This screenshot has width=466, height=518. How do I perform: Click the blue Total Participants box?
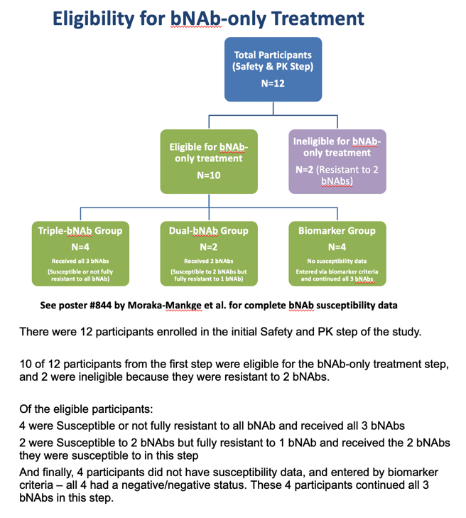273,70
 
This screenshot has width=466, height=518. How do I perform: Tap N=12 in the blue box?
273,83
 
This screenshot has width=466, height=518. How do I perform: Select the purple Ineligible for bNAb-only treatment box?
337,161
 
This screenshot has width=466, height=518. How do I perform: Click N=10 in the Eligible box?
209,175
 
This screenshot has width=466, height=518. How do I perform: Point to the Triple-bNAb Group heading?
80,231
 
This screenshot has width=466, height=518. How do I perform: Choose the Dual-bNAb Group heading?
209,231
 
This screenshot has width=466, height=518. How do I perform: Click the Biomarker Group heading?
337,231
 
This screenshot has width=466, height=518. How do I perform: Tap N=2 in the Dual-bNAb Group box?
209,247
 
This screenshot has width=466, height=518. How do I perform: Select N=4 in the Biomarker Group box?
337,247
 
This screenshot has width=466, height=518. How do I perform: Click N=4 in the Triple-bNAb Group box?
80,247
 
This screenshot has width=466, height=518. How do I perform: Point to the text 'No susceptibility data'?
337,261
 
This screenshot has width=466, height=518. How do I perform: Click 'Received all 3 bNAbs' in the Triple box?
80,261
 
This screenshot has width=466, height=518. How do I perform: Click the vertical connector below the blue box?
273,108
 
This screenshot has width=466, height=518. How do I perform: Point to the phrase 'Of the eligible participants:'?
86,409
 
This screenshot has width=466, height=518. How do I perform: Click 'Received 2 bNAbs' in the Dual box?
209,261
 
